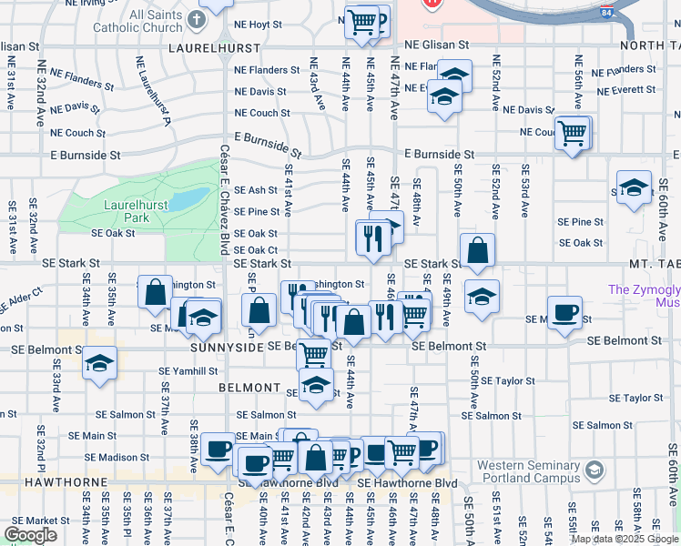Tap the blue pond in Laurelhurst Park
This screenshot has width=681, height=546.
189,197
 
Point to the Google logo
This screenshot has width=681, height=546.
30,535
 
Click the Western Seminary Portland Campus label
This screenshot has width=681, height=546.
528,472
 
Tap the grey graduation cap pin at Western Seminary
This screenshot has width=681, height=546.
595,470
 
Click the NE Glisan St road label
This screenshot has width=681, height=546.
437,44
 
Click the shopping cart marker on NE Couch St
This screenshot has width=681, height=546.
573,134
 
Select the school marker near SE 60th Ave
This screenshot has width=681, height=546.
634,188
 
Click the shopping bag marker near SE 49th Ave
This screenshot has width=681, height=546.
477,249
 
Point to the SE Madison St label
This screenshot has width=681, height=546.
117,458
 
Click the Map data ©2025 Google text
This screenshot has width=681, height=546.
625,539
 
